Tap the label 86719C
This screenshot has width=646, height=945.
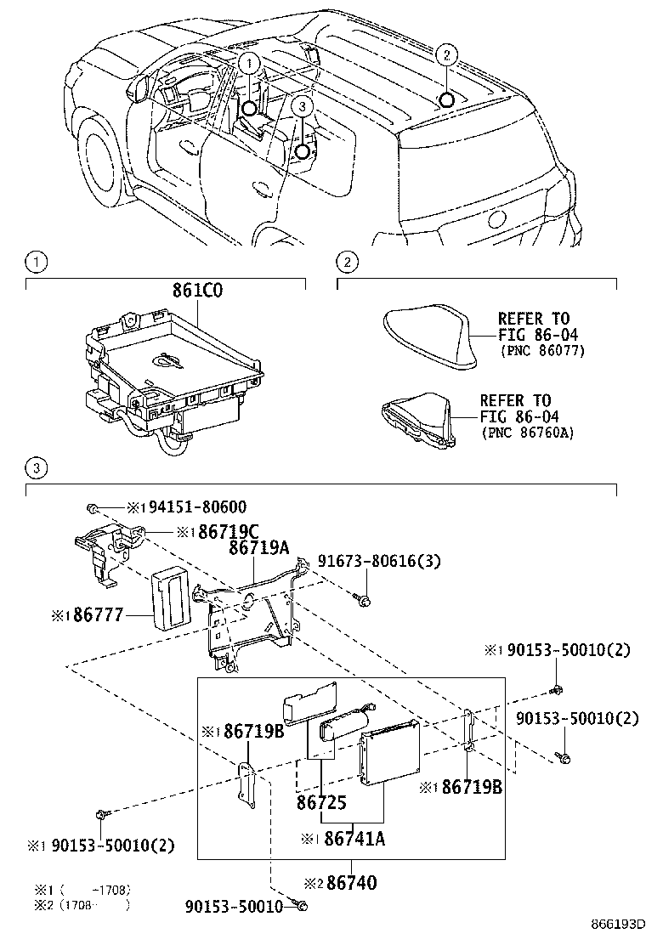point(216,533)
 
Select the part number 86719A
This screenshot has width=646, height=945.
point(258,550)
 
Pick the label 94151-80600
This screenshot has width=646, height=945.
point(194,507)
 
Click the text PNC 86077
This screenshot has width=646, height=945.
point(541,350)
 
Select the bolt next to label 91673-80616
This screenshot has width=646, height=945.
point(364,601)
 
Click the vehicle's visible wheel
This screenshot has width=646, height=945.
point(101,159)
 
